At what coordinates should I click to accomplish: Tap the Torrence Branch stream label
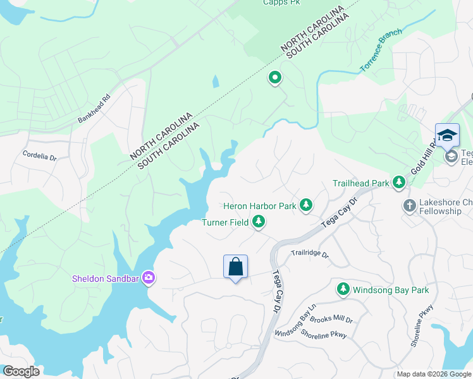tap(380, 54)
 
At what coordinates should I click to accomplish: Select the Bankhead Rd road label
tap(94, 109)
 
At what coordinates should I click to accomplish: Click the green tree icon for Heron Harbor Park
tap(306, 205)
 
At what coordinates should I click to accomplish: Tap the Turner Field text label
tap(224, 222)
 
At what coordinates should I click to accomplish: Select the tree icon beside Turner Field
tap(258, 222)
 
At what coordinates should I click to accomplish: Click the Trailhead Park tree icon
tap(399, 183)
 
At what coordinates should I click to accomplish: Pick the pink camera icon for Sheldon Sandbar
tap(149, 277)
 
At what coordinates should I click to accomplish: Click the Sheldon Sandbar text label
tap(106, 277)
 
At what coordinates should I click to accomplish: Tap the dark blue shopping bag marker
tap(235, 267)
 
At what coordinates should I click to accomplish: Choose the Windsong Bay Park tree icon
tap(343, 289)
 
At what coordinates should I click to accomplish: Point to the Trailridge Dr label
tap(310, 254)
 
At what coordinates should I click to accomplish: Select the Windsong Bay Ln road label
tap(294, 324)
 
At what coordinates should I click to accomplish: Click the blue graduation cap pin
tap(447, 136)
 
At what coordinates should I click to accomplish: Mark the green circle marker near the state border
tap(275, 78)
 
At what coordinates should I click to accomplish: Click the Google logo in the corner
tap(21, 371)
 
